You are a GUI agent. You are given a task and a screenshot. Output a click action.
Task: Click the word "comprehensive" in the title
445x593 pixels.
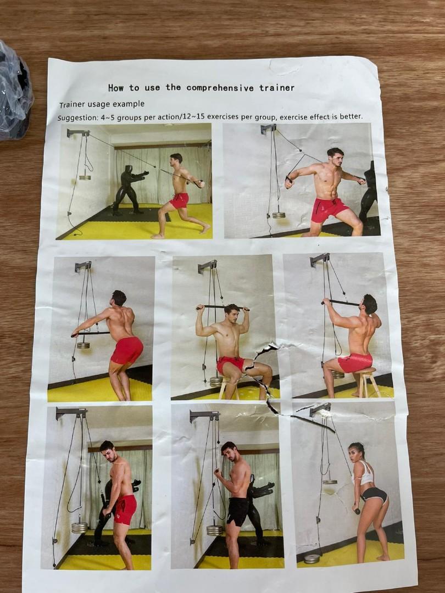pyautogui.click(x=220, y=87)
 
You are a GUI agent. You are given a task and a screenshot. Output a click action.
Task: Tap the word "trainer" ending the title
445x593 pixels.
pyautogui.click(x=277, y=87)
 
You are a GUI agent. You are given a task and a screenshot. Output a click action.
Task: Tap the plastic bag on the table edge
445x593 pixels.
pyautogui.click(x=14, y=91)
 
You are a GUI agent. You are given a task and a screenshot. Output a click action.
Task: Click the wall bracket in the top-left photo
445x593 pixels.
pyautogui.click(x=77, y=132)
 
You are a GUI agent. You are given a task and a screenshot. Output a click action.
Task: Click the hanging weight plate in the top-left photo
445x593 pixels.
pyautogui.click(x=85, y=177)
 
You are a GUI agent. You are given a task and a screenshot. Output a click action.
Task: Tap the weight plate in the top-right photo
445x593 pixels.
pyautogui.click(x=279, y=215)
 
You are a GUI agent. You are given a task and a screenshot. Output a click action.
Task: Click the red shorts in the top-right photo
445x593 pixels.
pyautogui.click(x=329, y=209)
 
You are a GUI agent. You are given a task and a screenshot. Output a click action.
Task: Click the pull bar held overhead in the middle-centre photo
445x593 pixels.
pyautogui.click(x=222, y=307)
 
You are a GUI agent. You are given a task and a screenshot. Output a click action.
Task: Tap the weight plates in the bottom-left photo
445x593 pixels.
pyautogui.click(x=80, y=527)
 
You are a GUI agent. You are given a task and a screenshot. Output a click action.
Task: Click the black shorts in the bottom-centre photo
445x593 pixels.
pyautogui.click(x=238, y=511)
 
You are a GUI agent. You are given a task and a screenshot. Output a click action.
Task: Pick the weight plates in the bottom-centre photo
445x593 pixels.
pyautogui.click(x=215, y=530)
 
